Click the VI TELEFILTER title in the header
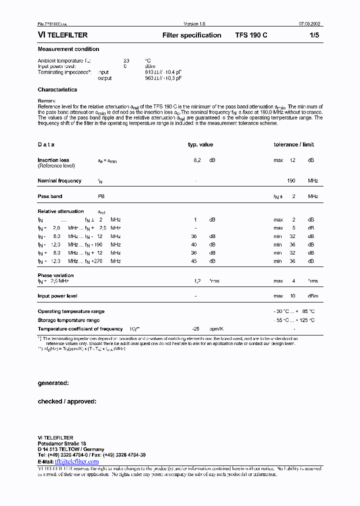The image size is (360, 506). [x=63, y=35]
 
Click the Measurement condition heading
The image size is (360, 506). [x=68, y=49]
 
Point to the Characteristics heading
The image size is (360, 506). [x=57, y=90]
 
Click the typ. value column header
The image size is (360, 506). [x=200, y=144]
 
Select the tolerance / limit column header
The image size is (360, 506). [x=293, y=144]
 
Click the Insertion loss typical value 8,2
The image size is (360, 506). [x=197, y=160]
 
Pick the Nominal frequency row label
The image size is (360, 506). [x=59, y=180]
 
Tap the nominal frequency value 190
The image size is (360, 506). [x=291, y=180]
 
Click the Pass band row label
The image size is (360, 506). [x=50, y=196]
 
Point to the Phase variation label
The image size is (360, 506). [x=55, y=275]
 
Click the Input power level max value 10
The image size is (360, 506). [x=293, y=296]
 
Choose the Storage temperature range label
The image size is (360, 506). [x=68, y=320]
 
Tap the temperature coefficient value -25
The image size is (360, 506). [x=196, y=329]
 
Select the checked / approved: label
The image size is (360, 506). [x=67, y=401]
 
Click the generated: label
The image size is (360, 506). [x=53, y=383]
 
